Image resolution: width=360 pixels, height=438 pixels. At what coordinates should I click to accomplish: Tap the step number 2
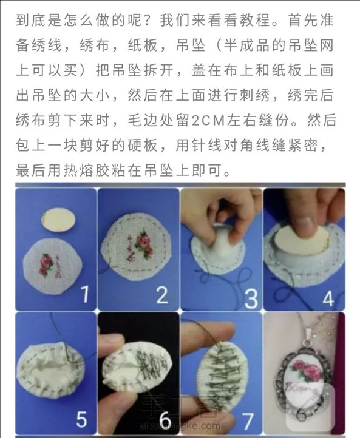[162, 295]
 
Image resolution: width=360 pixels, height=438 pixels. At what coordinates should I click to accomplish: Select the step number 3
[251, 298]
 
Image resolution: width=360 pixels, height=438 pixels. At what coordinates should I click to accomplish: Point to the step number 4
[328, 298]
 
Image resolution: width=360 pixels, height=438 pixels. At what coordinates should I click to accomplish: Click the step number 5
[81, 419]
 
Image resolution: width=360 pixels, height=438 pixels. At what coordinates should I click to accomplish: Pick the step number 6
[165, 420]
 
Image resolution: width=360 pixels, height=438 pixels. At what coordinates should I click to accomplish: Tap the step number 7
[247, 421]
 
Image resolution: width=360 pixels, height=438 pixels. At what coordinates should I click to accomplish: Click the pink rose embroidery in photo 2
[144, 243]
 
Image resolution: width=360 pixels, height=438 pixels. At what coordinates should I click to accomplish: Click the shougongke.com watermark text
[180, 426]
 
